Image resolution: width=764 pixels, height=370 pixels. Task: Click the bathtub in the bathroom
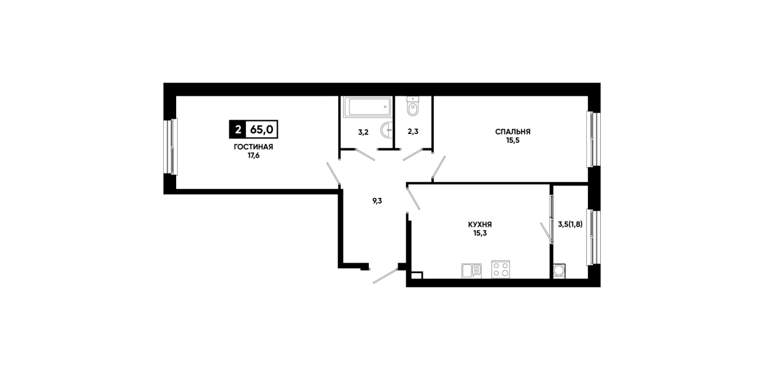point(368,107)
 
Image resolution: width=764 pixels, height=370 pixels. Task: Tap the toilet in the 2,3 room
point(413,106)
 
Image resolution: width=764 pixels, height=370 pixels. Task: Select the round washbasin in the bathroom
point(387,130)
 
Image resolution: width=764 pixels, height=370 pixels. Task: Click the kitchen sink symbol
point(472,271)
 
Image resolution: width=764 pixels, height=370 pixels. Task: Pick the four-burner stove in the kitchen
point(501,269)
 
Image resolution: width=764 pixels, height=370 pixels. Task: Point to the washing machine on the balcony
point(559,271)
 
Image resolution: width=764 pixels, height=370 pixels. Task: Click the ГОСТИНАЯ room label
point(254,147)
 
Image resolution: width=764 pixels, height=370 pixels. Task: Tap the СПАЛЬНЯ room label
point(513,132)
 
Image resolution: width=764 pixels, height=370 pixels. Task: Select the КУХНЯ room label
point(480,225)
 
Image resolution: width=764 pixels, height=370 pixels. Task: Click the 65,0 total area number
point(261,130)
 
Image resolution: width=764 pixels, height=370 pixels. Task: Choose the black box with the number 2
point(238,130)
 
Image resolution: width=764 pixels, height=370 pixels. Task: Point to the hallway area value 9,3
point(377,201)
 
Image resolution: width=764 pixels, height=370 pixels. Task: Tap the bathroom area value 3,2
point(364,132)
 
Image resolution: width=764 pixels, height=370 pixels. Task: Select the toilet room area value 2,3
point(413,132)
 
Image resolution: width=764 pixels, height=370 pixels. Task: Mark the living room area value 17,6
point(254,156)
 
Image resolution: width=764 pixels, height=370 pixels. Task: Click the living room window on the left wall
point(170,147)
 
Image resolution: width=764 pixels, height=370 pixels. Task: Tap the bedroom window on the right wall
point(594,139)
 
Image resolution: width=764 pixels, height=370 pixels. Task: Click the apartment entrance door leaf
point(385,276)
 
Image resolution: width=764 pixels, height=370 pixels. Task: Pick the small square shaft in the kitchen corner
point(417,275)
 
